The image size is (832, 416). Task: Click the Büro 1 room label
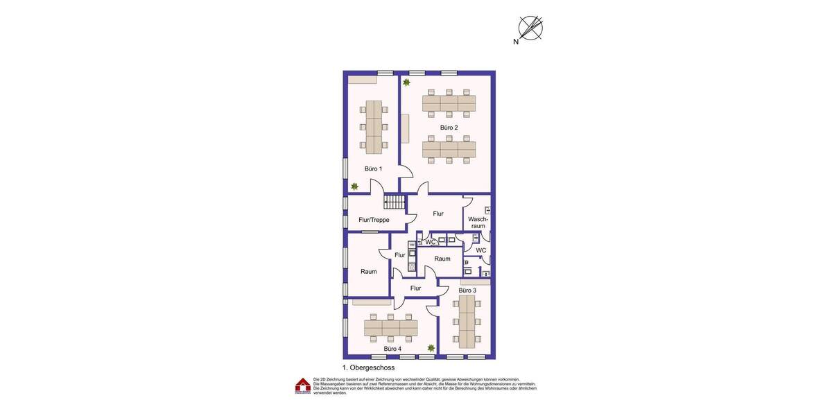pos(374,168)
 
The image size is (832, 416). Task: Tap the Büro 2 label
pos(449,128)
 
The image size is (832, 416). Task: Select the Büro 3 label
pos(467,291)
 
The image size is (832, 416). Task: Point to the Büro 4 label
pos(392,349)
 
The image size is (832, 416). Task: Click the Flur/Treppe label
pos(374,220)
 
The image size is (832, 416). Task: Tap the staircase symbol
pos(395,202)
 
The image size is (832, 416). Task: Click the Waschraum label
pos(478,223)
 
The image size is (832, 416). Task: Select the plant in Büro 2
pos(407,83)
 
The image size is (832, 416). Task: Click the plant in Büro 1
pos(355,186)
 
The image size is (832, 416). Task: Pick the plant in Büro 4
pos(431,348)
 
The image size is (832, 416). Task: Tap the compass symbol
pos(530,28)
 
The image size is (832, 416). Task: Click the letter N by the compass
pos(516,42)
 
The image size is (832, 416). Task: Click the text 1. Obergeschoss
pos(368,367)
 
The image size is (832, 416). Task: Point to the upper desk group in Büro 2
pos(449,103)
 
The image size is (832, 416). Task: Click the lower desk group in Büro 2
pos(449,149)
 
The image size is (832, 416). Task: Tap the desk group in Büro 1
pos(374,127)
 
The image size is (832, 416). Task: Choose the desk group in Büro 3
pos(467,320)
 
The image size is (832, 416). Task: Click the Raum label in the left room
pos(369,271)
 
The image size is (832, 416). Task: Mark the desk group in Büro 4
pos(391,328)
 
